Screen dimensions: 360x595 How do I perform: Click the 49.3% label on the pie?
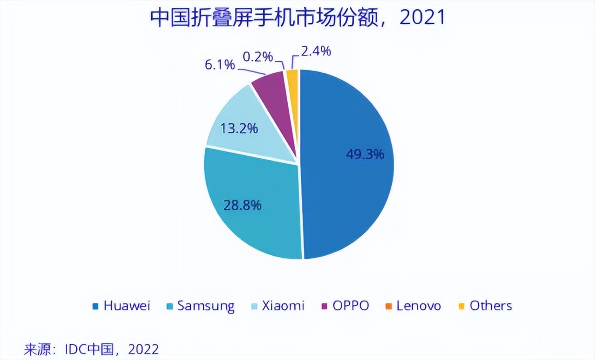tap(365, 154)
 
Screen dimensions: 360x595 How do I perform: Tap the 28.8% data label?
tap(242, 204)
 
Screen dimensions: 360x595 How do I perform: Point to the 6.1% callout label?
tap(220, 64)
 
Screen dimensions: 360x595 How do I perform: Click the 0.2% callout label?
tap(258, 57)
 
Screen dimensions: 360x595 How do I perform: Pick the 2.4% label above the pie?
tap(316, 51)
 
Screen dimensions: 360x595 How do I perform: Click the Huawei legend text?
tap(127, 306)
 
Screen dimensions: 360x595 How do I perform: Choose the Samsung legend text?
tap(206, 306)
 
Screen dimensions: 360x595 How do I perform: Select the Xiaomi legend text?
tap(283, 306)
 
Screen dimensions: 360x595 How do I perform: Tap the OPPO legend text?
tap(351, 306)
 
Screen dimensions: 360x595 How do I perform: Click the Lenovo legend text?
tap(419, 306)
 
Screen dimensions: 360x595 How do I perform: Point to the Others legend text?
tap(491, 306)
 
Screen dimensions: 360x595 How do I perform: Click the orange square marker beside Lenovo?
tap(388, 306)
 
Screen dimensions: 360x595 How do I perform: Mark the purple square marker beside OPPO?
tap(324, 306)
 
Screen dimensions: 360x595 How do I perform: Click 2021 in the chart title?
tap(422, 18)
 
